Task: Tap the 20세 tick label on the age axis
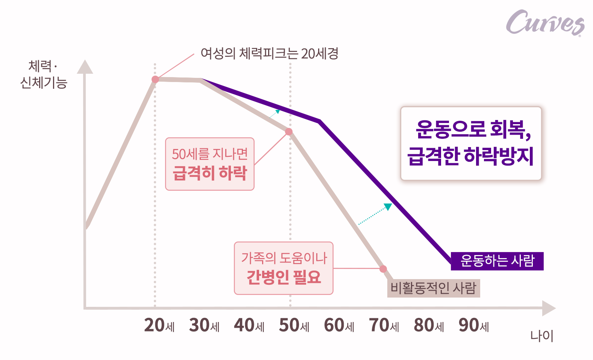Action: pos(159,325)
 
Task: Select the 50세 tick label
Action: pos(294,325)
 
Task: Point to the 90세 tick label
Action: pos(473,325)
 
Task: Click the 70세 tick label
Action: pos(384,325)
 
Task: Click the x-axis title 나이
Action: pos(541,336)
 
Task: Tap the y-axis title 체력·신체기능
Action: pos(43,74)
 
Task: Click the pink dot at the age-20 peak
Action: pos(155,79)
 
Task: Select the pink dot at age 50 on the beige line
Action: pos(289,132)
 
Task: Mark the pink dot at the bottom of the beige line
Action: pos(383,269)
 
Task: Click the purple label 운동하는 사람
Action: pos(497,261)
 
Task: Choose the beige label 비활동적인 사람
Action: pos(433,288)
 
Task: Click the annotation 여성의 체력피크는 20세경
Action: pos(269,53)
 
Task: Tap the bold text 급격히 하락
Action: pos(209,173)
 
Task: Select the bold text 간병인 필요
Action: pos(284,277)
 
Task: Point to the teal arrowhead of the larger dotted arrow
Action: pos(388,207)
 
